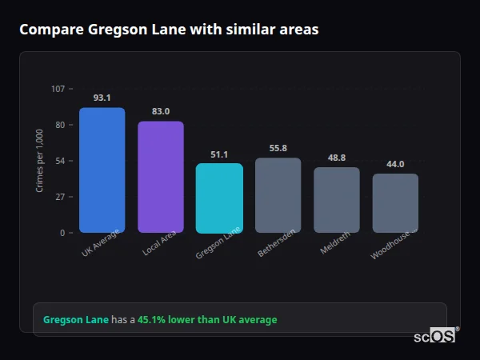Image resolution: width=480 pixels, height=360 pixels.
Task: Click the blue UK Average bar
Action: tap(102, 170)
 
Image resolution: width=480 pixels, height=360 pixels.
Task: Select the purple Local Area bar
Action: tap(161, 177)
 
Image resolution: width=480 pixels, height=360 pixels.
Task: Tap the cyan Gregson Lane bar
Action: tap(219, 198)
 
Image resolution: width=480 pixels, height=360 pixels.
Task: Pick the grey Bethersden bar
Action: tap(278, 195)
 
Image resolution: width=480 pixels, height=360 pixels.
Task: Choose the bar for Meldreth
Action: tap(337, 199)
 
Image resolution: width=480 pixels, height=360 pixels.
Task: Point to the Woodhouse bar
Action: tap(395, 202)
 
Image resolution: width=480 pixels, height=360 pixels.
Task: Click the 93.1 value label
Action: tap(102, 98)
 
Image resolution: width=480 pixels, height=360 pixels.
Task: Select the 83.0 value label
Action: tap(161, 111)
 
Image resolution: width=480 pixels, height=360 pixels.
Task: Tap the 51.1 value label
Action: tap(219, 154)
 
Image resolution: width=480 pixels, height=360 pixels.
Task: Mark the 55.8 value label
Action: tap(278, 148)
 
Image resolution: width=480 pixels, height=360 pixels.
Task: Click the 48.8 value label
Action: tap(337, 158)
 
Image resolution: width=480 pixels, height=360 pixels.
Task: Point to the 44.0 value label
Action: tap(395, 164)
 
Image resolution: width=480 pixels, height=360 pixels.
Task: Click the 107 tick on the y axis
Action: tap(58, 89)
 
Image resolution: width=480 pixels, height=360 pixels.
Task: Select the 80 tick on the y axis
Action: tap(60, 125)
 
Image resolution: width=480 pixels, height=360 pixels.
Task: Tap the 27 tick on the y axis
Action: tap(60, 197)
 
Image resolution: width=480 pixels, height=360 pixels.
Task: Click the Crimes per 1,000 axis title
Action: tap(40, 161)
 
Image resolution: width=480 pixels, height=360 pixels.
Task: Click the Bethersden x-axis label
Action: tap(277, 243)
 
